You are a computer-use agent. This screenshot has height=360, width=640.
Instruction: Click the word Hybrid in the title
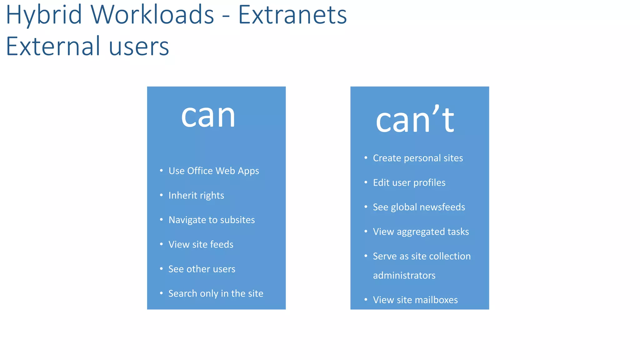[x=44, y=15]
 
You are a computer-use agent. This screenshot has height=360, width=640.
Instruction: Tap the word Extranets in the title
[x=292, y=15]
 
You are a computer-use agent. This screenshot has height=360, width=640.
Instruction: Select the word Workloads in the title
[x=152, y=15]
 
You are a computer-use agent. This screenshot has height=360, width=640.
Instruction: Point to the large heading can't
[x=415, y=120]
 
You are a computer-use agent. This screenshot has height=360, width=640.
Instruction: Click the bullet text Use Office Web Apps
[x=214, y=171]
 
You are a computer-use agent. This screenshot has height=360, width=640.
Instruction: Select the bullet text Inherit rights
[x=196, y=196]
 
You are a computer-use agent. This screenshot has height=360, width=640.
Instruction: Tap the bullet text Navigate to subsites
[x=212, y=220]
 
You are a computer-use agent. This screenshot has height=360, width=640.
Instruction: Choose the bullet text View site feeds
[x=201, y=244]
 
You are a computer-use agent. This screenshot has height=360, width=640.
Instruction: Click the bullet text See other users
[x=202, y=269]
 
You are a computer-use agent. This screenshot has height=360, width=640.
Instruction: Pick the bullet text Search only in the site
[x=216, y=293]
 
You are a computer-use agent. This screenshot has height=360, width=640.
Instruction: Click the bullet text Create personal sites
[x=418, y=158]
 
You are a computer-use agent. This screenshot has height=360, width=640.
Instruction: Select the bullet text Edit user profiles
[x=409, y=182]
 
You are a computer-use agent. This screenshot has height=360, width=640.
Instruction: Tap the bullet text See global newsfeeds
[x=419, y=207]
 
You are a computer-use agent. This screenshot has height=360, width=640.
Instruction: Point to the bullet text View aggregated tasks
[x=421, y=232]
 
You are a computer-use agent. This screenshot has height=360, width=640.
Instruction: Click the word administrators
[x=404, y=276]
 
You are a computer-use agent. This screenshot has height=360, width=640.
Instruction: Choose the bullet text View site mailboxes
[x=415, y=300]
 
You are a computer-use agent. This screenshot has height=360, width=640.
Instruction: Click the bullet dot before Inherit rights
[x=161, y=195]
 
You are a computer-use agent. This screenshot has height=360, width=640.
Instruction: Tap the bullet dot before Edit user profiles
[x=366, y=182]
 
